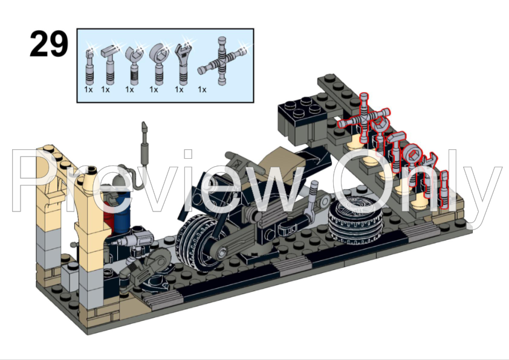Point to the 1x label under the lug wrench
(202, 90)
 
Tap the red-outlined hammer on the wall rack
(380, 136)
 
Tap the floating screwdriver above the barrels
(145, 143)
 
